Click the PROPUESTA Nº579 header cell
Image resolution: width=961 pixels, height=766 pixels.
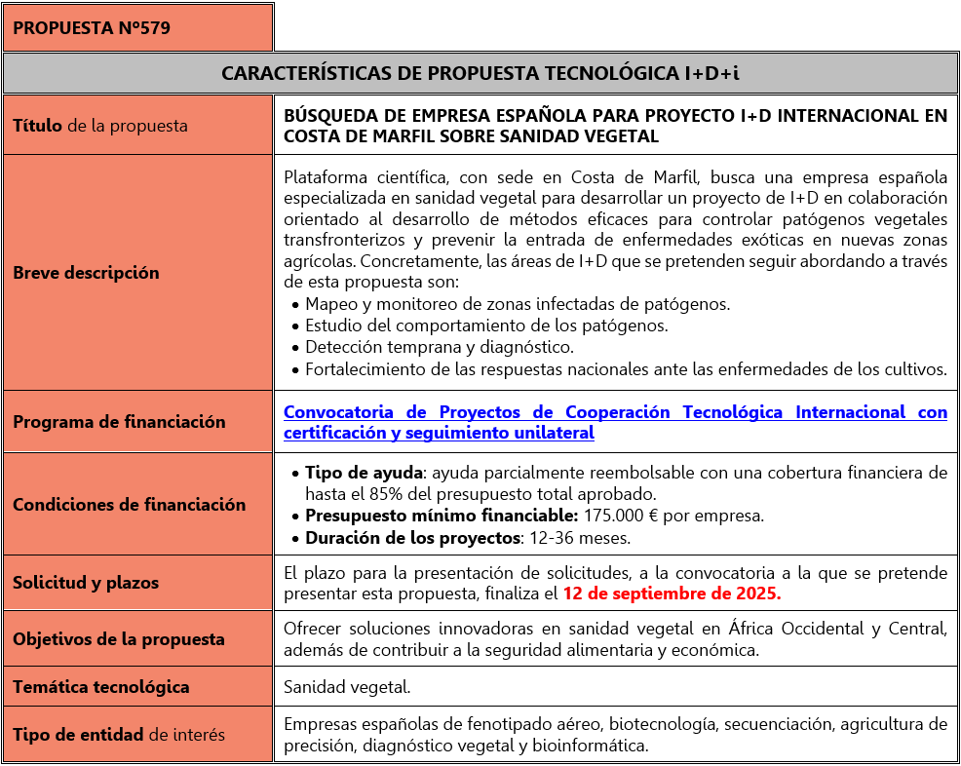point(92,28)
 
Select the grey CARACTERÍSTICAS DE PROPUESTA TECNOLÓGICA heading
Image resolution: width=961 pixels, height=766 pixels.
point(480,73)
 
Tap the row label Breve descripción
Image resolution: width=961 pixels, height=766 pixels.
point(86,273)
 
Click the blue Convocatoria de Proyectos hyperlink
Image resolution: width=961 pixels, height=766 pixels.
point(614,422)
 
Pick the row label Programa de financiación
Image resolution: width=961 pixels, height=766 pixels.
point(119,422)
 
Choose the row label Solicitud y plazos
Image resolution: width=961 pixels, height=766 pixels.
point(86,583)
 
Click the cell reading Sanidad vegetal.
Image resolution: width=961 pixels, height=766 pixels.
point(347,687)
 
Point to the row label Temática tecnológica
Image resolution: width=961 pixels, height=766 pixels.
point(101,687)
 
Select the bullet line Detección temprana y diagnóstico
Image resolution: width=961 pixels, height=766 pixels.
point(440,347)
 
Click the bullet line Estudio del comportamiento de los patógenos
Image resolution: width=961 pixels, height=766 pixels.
point(486,326)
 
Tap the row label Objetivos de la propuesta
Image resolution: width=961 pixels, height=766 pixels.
point(119,639)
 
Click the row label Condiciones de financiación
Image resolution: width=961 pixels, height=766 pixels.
point(129,505)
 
